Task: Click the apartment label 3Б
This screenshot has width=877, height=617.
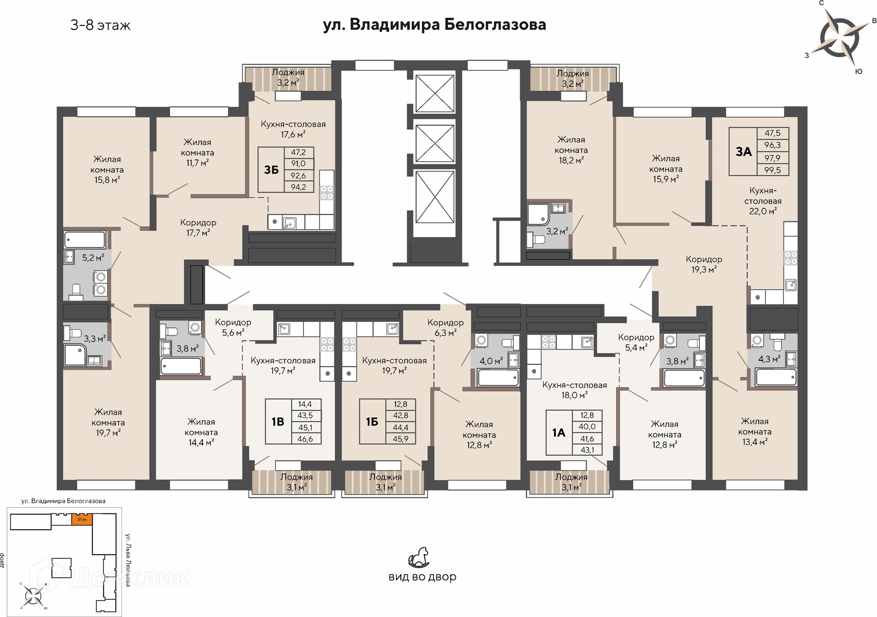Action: click(x=271, y=170)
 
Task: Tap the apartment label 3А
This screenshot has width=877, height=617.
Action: click(x=744, y=152)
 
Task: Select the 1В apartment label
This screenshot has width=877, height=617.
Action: click(x=278, y=422)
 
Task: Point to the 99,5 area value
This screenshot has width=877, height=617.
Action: click(x=772, y=170)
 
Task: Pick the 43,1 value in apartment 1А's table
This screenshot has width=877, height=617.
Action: click(x=587, y=450)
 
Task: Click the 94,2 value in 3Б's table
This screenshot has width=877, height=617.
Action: click(x=298, y=187)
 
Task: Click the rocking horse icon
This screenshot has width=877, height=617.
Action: click(x=419, y=558)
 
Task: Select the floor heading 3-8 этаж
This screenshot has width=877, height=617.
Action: click(x=100, y=25)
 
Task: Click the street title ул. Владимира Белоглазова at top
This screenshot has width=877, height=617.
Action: click(x=434, y=24)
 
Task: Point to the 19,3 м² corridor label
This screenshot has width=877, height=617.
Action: click(x=704, y=269)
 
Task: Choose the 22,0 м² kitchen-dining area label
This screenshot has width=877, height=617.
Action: click(x=763, y=211)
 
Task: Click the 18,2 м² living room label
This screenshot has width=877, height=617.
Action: click(x=571, y=160)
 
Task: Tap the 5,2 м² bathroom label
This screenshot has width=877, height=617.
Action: click(x=93, y=258)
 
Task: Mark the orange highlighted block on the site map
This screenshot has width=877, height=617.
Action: click(x=82, y=519)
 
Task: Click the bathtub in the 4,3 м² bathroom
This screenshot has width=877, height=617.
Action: click(x=776, y=377)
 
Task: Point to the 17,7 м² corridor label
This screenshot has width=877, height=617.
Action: click(x=198, y=233)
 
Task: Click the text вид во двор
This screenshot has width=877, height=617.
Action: click(x=423, y=577)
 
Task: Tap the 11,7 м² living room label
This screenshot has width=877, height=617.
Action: click(x=197, y=163)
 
